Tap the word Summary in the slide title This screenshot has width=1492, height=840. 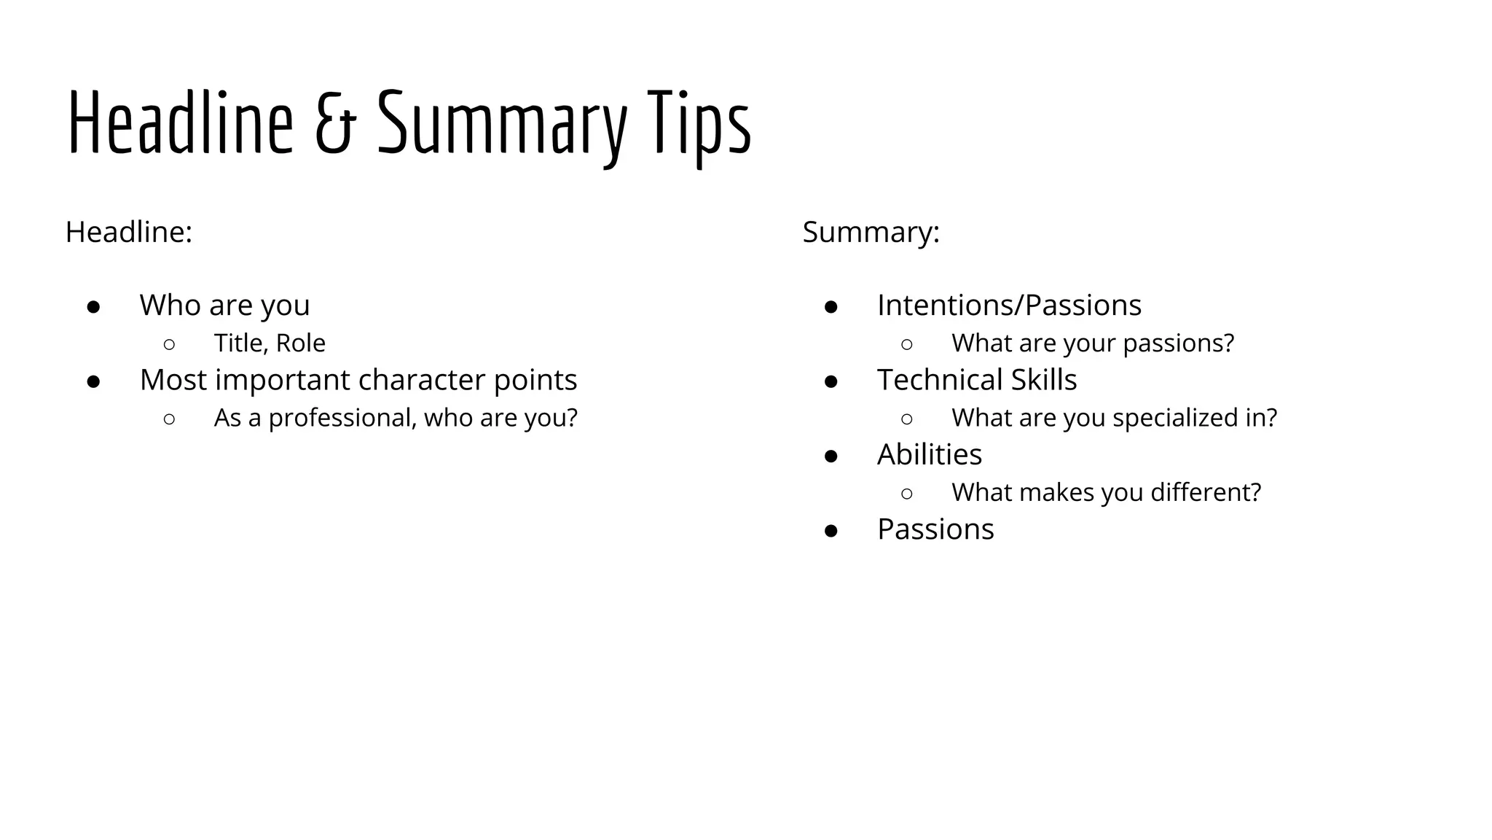click(502, 124)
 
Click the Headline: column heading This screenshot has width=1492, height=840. click(129, 232)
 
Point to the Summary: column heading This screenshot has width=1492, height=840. click(871, 232)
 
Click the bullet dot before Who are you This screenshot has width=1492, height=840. click(93, 306)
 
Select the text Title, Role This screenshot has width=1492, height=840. click(270, 343)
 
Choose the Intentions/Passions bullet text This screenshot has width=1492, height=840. click(1009, 305)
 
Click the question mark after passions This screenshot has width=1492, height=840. click(1228, 343)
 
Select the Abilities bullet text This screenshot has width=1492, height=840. click(930, 454)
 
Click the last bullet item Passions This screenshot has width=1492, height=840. click(935, 529)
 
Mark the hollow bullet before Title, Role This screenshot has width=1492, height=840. click(169, 344)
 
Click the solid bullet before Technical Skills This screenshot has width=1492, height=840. click(831, 381)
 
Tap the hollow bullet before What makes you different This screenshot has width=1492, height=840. click(906, 494)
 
